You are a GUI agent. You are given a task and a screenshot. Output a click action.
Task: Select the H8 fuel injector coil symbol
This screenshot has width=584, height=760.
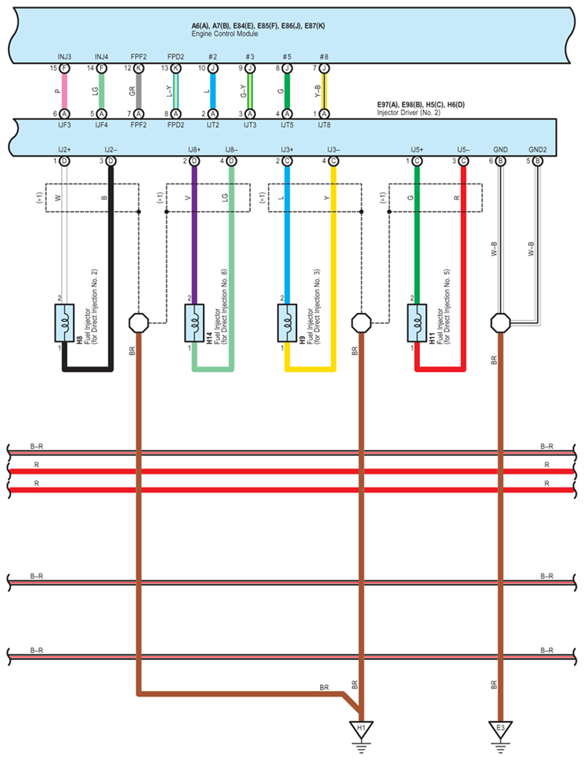pyautogui.click(x=65, y=323)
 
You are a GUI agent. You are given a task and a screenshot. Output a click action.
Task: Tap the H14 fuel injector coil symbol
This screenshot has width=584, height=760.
pyautogui.click(x=194, y=323)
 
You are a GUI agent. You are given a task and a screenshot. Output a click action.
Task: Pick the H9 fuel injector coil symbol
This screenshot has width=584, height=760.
pyautogui.click(x=287, y=323)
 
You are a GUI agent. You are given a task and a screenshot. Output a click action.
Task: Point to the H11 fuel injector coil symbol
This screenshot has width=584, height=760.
pyautogui.click(x=417, y=323)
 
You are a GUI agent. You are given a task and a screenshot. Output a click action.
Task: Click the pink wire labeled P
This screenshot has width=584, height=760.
pyautogui.click(x=65, y=91)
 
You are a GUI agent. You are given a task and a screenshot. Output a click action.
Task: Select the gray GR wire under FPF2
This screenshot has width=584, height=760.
pyautogui.click(x=139, y=91)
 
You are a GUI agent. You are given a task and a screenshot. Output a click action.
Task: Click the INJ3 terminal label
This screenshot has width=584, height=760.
pyautogui.click(x=65, y=57)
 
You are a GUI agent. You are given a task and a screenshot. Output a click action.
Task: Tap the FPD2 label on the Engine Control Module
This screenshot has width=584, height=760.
pyautogui.click(x=176, y=57)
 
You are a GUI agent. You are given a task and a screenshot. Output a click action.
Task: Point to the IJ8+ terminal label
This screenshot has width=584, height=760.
pyautogui.click(x=194, y=150)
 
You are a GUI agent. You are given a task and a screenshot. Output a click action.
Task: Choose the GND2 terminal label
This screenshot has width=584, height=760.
pyautogui.click(x=537, y=150)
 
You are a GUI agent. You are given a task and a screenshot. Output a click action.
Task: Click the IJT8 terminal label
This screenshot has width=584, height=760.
pyautogui.click(x=324, y=125)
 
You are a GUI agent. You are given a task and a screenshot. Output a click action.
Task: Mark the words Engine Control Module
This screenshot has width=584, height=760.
pyautogui.click(x=225, y=34)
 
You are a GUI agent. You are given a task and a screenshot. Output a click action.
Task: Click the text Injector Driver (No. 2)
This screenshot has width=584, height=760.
pyautogui.click(x=409, y=112)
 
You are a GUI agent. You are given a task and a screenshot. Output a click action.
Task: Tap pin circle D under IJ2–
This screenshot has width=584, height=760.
pyautogui.click(x=111, y=161)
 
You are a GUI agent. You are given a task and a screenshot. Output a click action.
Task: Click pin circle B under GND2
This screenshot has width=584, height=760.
pyautogui.click(x=537, y=161)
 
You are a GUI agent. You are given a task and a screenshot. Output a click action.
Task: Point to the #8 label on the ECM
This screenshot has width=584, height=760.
pyautogui.click(x=324, y=57)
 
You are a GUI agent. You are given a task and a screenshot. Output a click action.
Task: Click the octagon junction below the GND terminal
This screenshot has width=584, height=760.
pyautogui.click(x=501, y=322)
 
